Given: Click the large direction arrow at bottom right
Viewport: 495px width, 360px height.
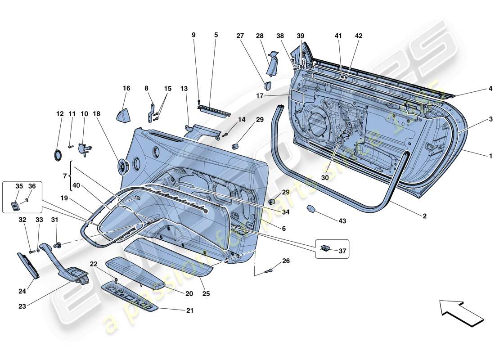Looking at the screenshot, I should point(461,312).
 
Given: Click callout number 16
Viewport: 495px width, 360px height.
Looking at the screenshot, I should point(126,89).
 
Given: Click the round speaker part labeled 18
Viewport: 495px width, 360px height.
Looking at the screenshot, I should point(122,167).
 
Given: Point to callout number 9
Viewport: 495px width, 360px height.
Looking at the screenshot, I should point(194,35).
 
